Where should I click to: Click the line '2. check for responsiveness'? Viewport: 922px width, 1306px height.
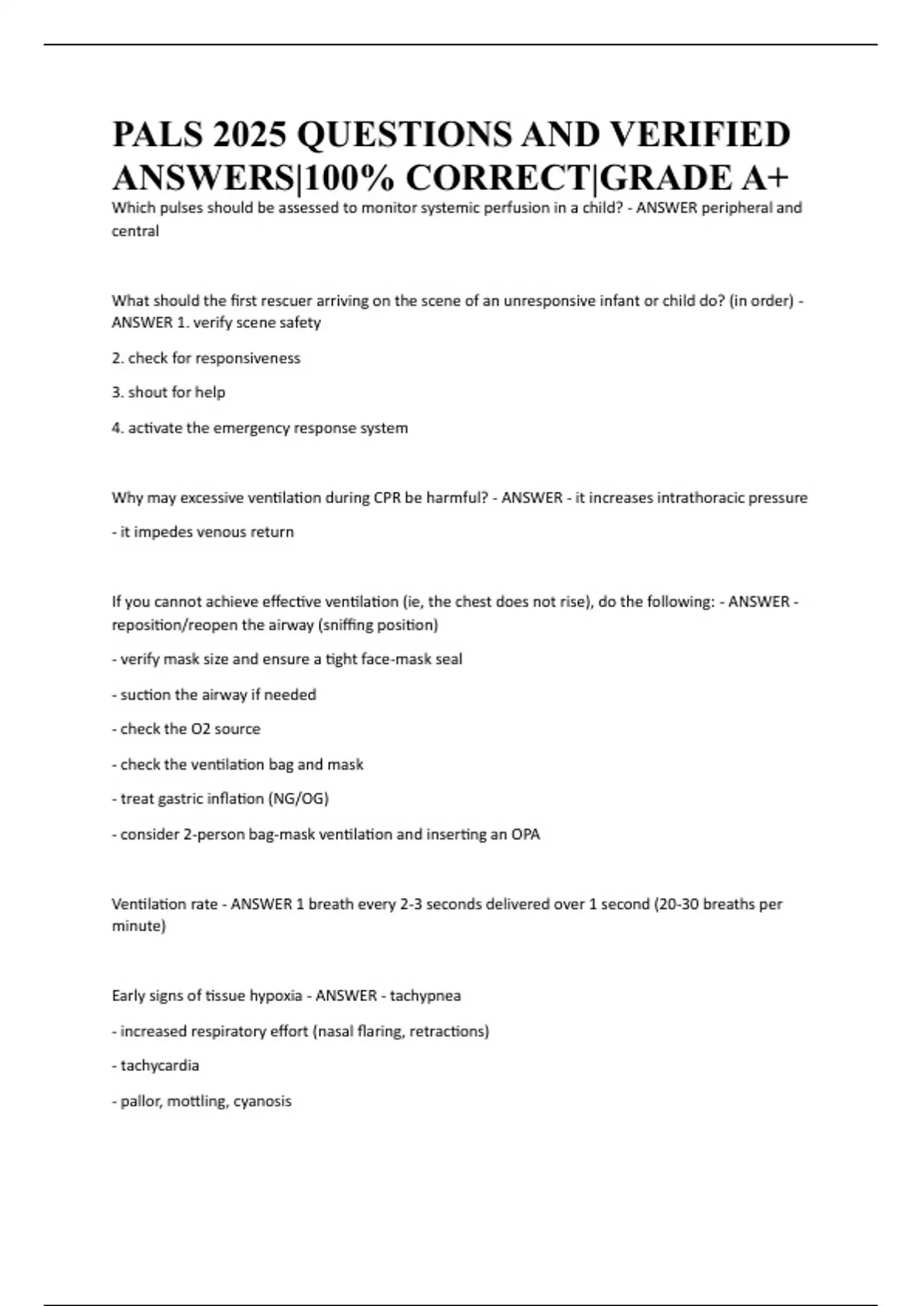tap(206, 358)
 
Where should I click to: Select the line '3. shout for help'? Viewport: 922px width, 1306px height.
tap(168, 393)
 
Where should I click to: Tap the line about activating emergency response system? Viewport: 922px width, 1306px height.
tap(260, 428)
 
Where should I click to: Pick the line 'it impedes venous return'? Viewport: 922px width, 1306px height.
tap(203, 532)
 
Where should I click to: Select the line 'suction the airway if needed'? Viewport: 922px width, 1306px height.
tap(214, 694)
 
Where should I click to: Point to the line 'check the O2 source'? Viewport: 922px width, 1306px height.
tap(186, 729)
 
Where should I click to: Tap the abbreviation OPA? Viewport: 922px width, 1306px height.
tap(526, 834)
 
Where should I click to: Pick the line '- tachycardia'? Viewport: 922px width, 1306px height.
tap(155, 1066)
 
